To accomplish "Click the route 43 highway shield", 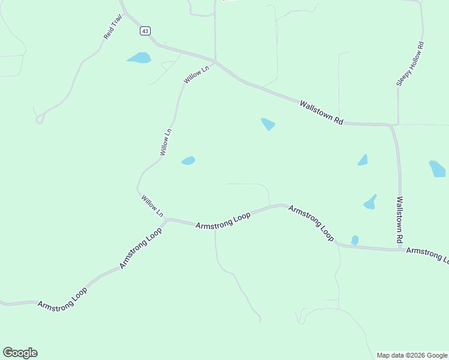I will (145, 31).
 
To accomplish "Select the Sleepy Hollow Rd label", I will (410, 64).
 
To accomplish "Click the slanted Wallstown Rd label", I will (321, 112).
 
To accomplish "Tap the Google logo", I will (20, 353).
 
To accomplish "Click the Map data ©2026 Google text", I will (412, 355).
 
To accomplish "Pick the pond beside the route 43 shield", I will (139, 58).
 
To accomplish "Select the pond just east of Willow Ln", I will (188, 161).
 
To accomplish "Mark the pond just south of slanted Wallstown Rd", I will (268, 124).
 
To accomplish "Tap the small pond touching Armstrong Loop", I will (355, 240).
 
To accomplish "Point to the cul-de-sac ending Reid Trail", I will (40, 119).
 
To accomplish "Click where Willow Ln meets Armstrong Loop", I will (167, 220).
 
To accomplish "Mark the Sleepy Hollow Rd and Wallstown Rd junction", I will (397, 125).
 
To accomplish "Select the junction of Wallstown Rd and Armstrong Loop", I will (400, 249).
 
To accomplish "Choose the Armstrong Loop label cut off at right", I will (427, 254).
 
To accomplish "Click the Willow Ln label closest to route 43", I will (196, 74).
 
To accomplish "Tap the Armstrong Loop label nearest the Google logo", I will (62, 298).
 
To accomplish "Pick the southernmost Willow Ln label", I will (152, 206).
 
